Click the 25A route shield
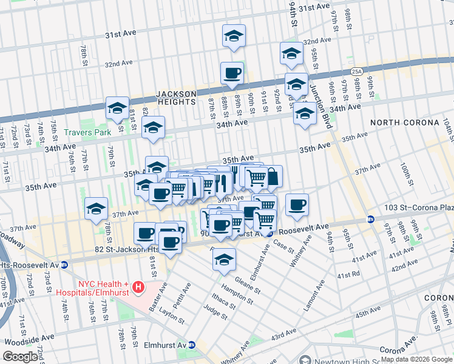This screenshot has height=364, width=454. [356, 72]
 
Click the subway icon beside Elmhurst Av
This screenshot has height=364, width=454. [192, 345]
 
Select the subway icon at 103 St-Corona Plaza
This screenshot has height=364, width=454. [370, 219]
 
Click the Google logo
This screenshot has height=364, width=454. [21, 357]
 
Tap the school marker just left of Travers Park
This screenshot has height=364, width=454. [117, 109]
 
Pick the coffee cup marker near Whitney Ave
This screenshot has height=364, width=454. [297, 205]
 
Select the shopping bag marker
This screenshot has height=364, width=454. [272, 177]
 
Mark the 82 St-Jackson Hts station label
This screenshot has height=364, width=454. [100, 249]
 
